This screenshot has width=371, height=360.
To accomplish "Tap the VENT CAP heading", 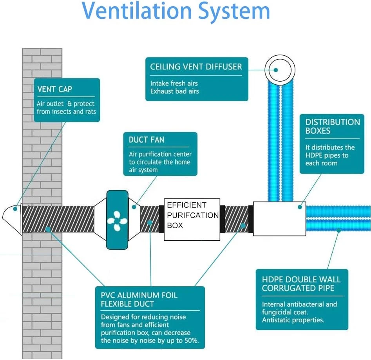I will [x=55, y=89].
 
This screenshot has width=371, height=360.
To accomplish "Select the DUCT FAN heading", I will [x=147, y=140].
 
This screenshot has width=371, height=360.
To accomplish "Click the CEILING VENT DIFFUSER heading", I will [x=196, y=67].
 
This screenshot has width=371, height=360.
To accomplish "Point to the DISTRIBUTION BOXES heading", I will [x=333, y=126].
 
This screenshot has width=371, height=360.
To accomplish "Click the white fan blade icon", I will [x=117, y=220].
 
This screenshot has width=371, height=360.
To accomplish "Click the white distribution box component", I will [x=279, y=218].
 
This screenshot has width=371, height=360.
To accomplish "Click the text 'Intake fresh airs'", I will [x=174, y=83].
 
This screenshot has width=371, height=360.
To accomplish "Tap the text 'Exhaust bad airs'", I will [x=174, y=91].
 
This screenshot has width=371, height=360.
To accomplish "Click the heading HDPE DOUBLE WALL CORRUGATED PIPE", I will [x=301, y=284].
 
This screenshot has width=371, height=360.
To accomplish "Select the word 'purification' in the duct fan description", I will [x=154, y=155].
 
